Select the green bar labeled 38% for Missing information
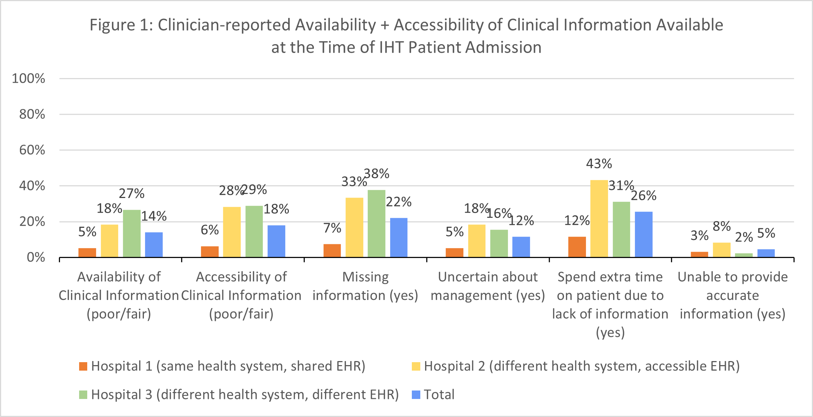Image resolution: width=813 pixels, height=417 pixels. [376, 223]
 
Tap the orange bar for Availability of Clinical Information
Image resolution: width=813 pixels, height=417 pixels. [87, 252]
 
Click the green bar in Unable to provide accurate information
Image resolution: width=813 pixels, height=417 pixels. [743, 255]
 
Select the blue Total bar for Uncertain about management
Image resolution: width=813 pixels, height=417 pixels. [521, 247]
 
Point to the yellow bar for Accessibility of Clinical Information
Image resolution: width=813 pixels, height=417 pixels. [231, 232]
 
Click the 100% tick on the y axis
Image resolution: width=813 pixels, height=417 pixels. [28, 78]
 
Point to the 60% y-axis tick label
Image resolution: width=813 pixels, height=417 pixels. [32, 150]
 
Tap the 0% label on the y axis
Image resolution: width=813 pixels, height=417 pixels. [36, 257]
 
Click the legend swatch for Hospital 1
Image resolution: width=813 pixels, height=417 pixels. [83, 367]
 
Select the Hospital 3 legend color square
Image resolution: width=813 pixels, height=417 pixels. [83, 395]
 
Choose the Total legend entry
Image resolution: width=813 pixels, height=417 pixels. [433, 395]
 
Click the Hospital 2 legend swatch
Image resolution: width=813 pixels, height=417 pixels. [416, 367]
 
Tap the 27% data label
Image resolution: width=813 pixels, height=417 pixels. [131, 194]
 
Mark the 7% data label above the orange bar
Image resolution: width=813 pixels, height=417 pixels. [332, 228]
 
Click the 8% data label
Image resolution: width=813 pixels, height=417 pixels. [721, 226]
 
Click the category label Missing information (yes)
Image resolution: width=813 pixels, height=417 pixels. [365, 286]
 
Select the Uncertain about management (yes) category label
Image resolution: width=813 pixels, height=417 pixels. [488, 286]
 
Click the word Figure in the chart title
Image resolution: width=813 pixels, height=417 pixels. [113, 25]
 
